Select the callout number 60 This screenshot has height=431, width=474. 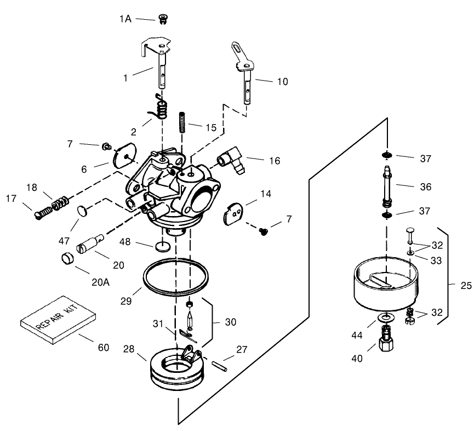point(103,347)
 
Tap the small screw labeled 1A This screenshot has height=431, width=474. point(162,20)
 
